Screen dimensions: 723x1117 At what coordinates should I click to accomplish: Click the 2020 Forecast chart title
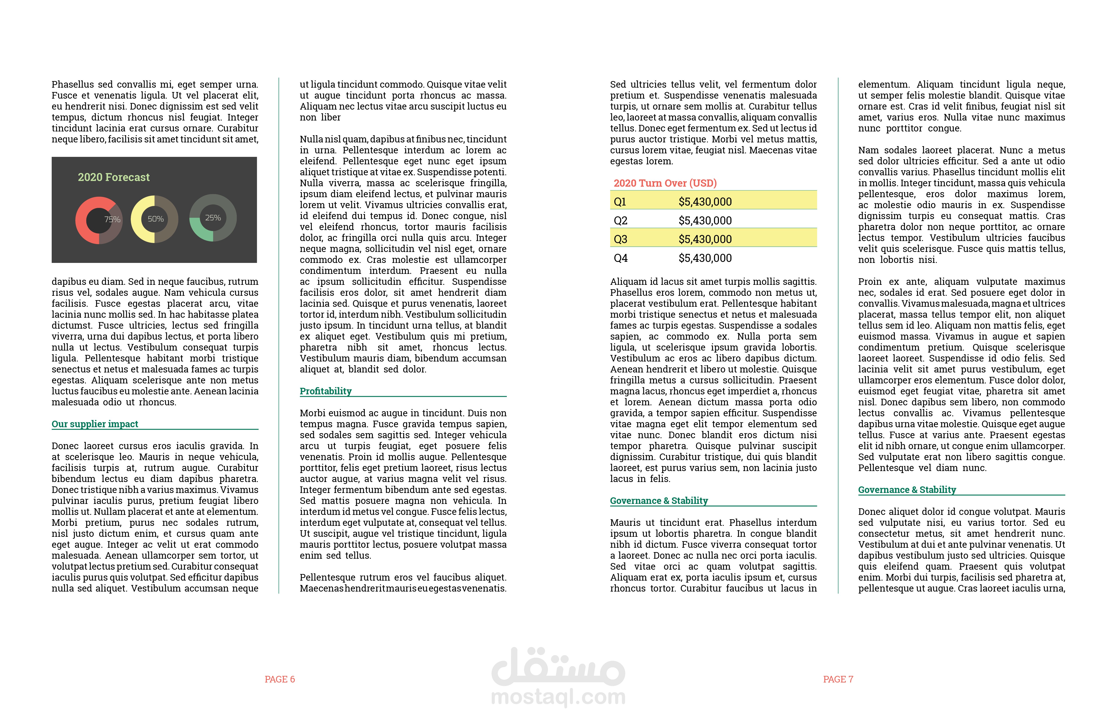click(114, 177)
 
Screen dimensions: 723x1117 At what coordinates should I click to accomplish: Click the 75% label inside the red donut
click(112, 219)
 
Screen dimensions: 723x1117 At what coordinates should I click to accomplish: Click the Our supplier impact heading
click(95, 424)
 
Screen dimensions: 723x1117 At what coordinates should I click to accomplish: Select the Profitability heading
click(326, 391)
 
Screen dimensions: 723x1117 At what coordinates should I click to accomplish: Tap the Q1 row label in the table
click(620, 202)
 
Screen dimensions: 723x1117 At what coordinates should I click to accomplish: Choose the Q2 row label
click(620, 221)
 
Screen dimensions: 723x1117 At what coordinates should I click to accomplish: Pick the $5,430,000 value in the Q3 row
click(705, 239)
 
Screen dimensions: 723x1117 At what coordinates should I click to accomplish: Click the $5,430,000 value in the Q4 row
click(705, 258)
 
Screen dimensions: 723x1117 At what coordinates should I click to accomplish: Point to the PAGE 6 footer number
click(280, 679)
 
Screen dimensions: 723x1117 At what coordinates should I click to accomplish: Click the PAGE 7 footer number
click(838, 679)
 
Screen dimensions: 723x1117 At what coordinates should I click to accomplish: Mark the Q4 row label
click(620, 258)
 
